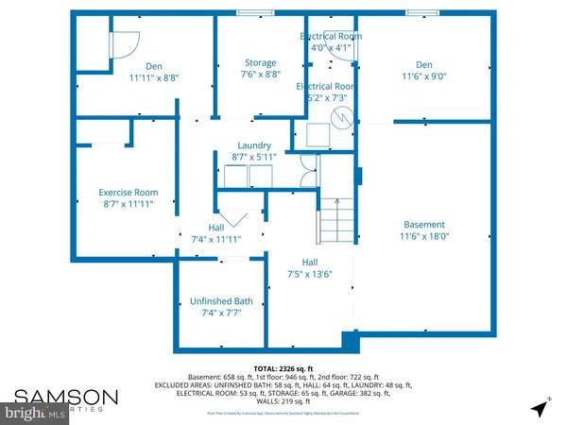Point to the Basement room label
pyautogui.click(x=423, y=226)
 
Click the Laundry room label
pyautogui.click(x=254, y=144)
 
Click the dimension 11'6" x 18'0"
pyautogui.click(x=423, y=237)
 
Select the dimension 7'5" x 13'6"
pyautogui.click(x=311, y=275)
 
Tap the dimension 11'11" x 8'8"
pyautogui.click(x=147, y=78)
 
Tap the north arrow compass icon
pyautogui.click(x=539, y=408)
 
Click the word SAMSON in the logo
pyautogui.click(x=64, y=395)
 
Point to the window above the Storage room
pyautogui.click(x=250, y=12)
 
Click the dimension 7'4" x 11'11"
pyautogui.click(x=215, y=239)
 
